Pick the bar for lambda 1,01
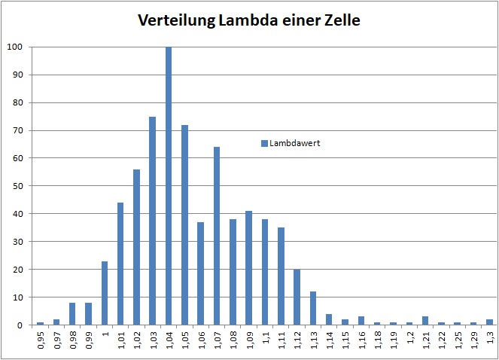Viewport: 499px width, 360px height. [120, 264]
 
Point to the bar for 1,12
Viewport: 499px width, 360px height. [297, 297]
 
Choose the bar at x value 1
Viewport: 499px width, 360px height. [105, 293]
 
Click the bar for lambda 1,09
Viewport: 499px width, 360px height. [249, 268]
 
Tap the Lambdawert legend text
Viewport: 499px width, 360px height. [296, 143]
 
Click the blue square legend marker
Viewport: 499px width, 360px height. [264, 143]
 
